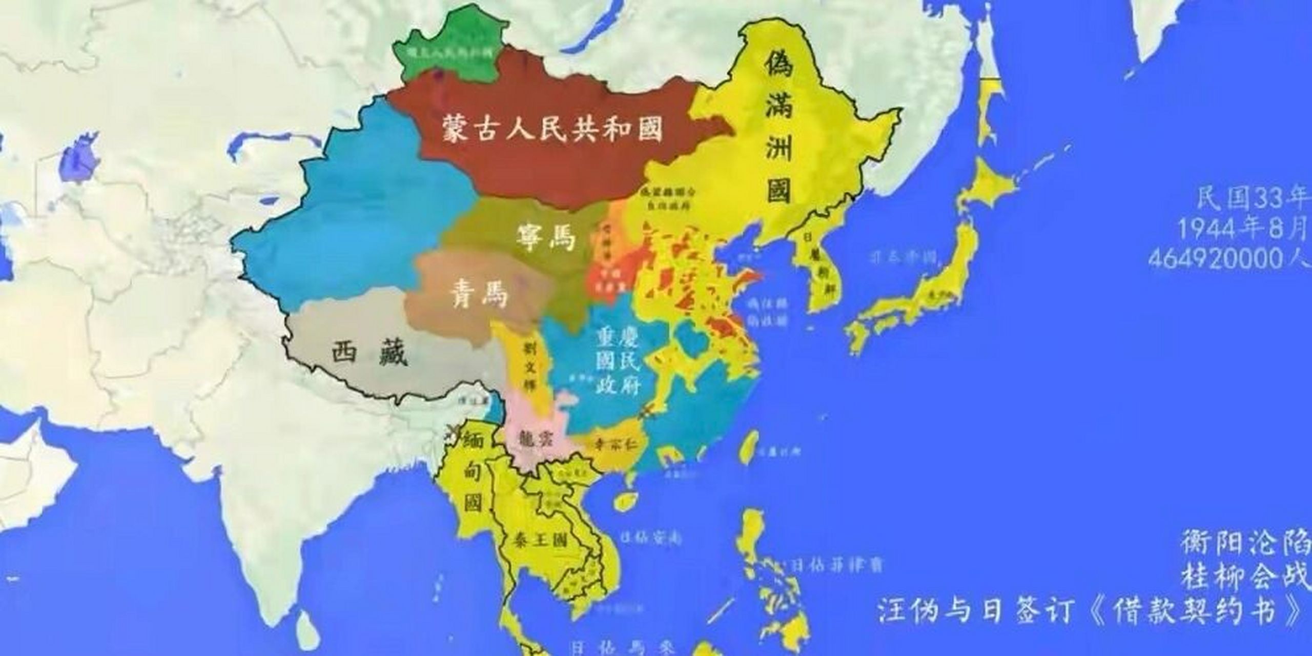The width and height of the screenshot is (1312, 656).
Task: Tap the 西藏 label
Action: [x=369, y=353]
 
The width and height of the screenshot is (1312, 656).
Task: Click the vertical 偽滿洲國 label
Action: [x=780, y=136]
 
